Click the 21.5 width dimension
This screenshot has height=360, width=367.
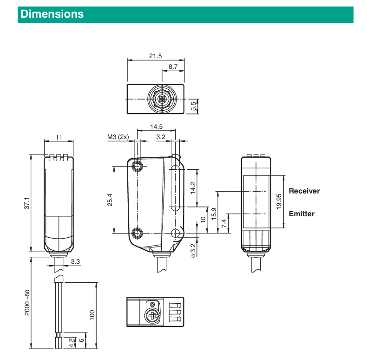156,56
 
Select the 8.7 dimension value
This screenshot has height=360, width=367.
173,67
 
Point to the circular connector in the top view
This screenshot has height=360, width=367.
160,100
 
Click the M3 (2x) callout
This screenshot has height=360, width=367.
118,137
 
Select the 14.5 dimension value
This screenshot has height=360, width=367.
156,127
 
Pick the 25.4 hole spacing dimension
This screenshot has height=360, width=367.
109,199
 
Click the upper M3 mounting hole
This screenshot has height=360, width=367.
138,166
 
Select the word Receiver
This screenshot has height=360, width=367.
304,191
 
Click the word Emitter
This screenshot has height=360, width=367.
301,214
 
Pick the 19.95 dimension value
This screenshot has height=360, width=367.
279,201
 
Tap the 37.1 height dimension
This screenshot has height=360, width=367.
27,203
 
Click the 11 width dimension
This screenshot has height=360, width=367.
59,137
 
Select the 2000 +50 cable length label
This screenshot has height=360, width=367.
27,303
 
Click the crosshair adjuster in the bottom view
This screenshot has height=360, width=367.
151,316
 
